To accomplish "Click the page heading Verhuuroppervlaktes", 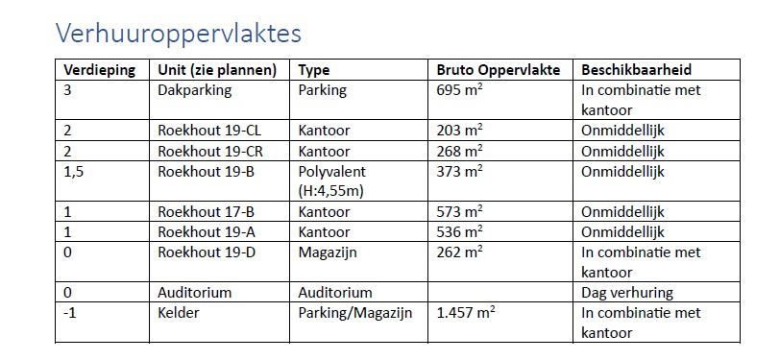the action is point(179,34).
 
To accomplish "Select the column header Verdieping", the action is point(99,70).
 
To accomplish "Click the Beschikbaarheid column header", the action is point(637,70).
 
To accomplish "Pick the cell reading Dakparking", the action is point(194,90).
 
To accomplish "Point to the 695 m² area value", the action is point(459,90).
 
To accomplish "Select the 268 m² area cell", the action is point(459,150).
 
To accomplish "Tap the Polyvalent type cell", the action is point(332,170).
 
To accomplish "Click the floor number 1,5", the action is point(74,170).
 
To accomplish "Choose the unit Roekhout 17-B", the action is point(204,211).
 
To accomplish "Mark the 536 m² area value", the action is point(459,231).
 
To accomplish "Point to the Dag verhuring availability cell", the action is point(627,292).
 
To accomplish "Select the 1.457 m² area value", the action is point(468,312).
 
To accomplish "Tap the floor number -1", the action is point(69,312).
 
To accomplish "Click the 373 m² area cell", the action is point(459,170).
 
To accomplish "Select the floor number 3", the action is point(67,90).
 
